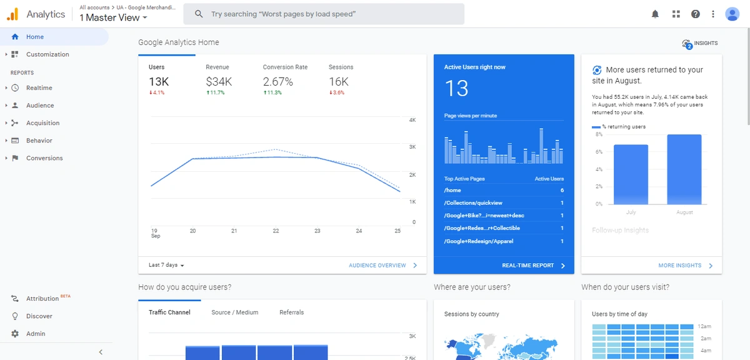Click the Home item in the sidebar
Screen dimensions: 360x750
coord(35,37)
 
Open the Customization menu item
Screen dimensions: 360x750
coord(47,54)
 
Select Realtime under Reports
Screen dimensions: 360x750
coord(39,88)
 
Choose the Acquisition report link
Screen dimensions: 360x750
coord(42,123)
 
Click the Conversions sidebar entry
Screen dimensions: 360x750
coord(44,158)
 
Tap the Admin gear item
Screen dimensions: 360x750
coord(36,334)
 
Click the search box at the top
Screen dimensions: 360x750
coord(328,14)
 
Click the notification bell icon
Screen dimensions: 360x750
coord(656,14)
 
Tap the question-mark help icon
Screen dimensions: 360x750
coord(696,14)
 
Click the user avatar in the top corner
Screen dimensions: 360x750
coord(732,14)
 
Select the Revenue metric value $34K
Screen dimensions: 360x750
coord(219,81)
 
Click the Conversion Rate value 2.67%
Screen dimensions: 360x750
coord(277,81)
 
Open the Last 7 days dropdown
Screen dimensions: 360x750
coord(166,266)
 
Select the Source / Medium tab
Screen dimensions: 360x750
coord(234,312)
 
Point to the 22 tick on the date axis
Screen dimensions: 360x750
coord(276,231)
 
